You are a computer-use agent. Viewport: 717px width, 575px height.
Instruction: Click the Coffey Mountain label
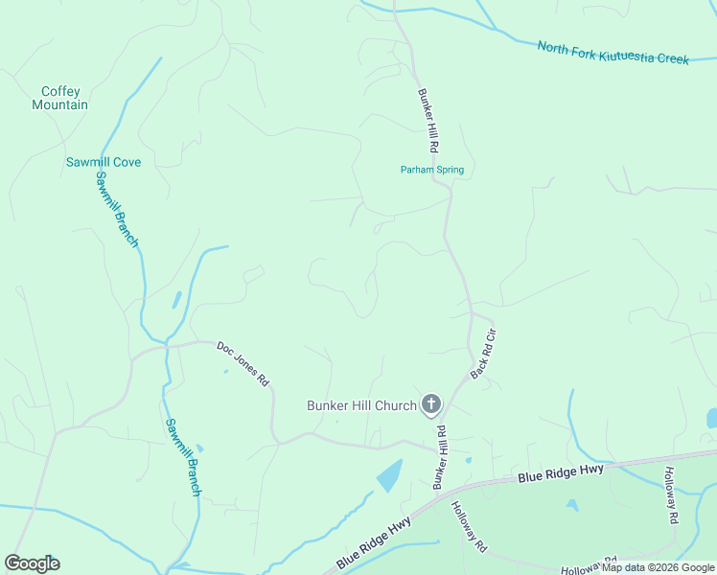(x=59, y=99)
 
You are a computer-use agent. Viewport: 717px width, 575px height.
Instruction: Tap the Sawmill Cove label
(x=104, y=162)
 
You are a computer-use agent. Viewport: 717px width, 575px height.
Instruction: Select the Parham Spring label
(x=431, y=170)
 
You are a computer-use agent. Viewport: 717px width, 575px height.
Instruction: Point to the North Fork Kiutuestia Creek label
(x=613, y=53)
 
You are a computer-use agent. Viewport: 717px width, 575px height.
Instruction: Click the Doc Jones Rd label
(x=243, y=363)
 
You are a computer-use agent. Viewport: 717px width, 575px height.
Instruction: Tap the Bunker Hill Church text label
(x=361, y=405)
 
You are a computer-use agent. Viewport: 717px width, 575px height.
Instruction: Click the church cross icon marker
(x=431, y=404)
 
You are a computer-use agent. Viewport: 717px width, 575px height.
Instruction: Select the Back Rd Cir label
(x=485, y=354)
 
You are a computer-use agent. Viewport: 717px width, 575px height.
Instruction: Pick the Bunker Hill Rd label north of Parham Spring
(x=428, y=121)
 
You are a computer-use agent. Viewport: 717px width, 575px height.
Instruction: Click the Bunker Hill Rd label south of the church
(x=441, y=459)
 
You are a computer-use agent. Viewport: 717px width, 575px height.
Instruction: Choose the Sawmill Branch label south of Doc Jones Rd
(x=182, y=457)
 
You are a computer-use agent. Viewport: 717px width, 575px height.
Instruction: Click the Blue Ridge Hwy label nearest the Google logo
(x=374, y=542)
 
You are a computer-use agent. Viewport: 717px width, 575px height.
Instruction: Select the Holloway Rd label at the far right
(x=672, y=494)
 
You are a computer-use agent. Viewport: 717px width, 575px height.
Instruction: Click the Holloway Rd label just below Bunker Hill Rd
(x=470, y=528)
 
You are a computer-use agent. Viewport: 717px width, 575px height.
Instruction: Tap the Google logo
(x=32, y=563)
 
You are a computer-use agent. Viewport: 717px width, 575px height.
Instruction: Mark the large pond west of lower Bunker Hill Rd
(x=388, y=474)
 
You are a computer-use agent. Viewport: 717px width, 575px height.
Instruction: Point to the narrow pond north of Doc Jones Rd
(x=177, y=300)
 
